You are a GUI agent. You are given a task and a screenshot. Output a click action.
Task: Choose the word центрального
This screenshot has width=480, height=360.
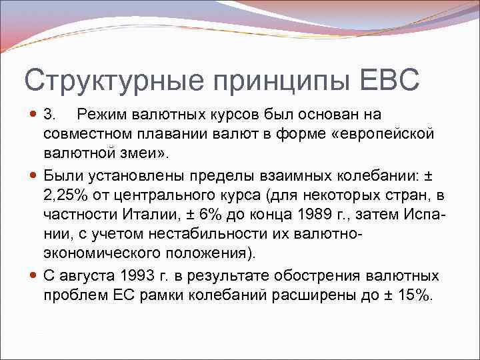coord(158,195)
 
